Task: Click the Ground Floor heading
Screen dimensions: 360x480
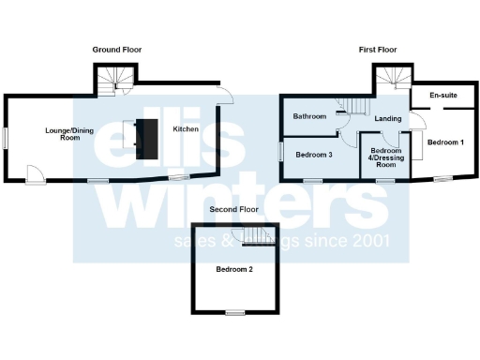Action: click(117, 49)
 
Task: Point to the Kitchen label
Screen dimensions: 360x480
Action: click(185, 129)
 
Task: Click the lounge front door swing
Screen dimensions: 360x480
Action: click(34, 172)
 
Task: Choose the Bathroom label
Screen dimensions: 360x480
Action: click(309, 117)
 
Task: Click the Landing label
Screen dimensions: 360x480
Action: click(387, 119)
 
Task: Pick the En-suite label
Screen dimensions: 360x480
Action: click(442, 97)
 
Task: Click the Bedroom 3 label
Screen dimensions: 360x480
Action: click(314, 154)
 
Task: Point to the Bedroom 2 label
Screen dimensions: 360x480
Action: click(234, 269)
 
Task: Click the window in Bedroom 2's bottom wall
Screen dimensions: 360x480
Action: click(234, 312)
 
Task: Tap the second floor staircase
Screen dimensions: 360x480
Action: click(256, 235)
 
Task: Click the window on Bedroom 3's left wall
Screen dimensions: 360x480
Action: click(280, 150)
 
